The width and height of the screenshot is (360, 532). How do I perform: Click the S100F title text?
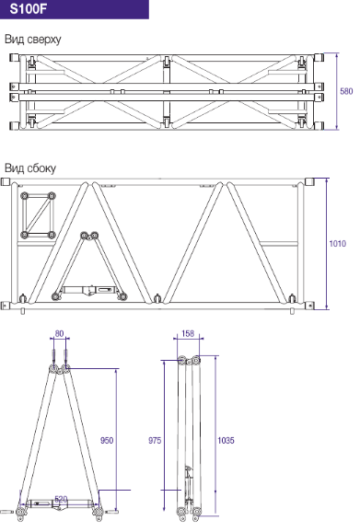click(28, 9)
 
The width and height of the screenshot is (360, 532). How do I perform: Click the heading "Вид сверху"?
click(33, 39)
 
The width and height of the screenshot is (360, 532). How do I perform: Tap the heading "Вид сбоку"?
click(30, 168)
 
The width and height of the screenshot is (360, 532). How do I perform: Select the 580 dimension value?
click(346, 91)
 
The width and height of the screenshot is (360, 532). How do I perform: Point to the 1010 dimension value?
click(338, 243)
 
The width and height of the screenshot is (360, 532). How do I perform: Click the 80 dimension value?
click(59, 333)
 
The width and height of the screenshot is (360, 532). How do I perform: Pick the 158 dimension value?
click(188, 333)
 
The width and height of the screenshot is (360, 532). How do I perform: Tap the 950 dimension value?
click(107, 440)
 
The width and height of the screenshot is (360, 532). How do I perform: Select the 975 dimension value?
click(155, 440)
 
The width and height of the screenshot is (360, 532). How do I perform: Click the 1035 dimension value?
click(226, 440)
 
